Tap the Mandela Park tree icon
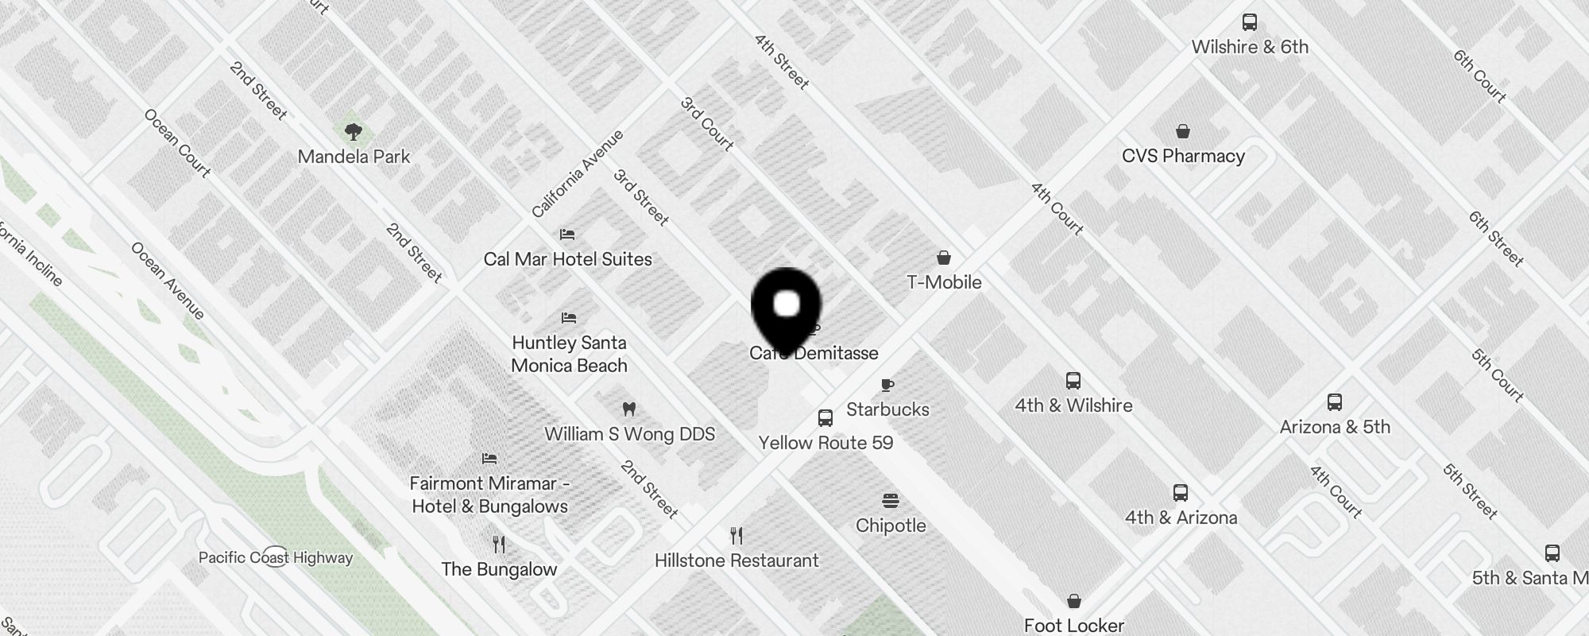(x=354, y=131)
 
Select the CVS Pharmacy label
(x=1183, y=156)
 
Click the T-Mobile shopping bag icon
(x=944, y=258)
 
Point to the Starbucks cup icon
(x=887, y=386)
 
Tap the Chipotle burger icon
(x=891, y=501)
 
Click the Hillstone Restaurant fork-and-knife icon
(x=737, y=536)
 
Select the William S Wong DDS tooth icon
(x=629, y=409)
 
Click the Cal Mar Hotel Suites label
(x=567, y=259)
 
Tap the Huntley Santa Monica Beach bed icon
(x=568, y=318)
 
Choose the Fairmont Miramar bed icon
(x=489, y=459)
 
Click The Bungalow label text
(x=499, y=569)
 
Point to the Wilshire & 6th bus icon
(x=1250, y=22)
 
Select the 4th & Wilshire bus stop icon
(x=1073, y=381)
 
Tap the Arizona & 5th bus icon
(x=1335, y=402)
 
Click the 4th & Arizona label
(x=1181, y=518)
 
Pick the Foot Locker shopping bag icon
(x=1074, y=601)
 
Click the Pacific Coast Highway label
(x=276, y=557)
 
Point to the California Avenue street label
(x=578, y=173)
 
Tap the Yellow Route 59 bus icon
(x=825, y=418)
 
